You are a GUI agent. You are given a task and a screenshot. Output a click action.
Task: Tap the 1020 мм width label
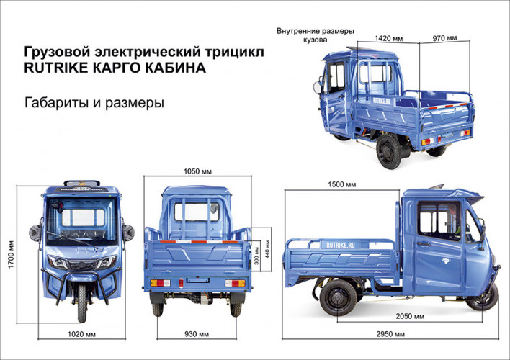pos(81,335)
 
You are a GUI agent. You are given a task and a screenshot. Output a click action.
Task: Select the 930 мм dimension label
pos(196,335)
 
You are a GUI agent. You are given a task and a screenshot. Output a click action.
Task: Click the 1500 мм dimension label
pos(341,185)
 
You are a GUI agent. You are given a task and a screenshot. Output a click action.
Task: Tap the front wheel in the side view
pos(483,295)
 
